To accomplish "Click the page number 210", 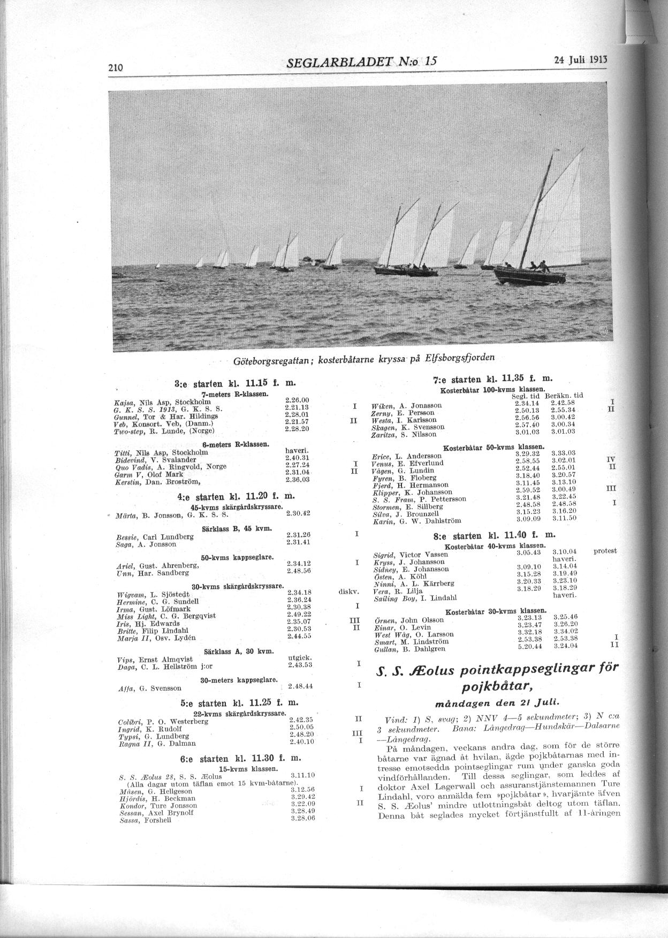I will click(x=116, y=67).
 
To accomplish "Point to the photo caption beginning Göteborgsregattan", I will click(x=364, y=359).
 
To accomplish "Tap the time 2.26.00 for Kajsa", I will click(x=298, y=400).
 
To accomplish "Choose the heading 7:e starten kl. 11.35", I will click(x=491, y=380).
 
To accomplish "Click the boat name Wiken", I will click(x=381, y=406).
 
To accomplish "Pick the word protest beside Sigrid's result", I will click(x=605, y=551).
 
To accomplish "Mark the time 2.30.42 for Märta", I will click(x=298, y=513).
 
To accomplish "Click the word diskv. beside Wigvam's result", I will click(x=348, y=592).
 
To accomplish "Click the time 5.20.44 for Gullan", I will click(x=529, y=646).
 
